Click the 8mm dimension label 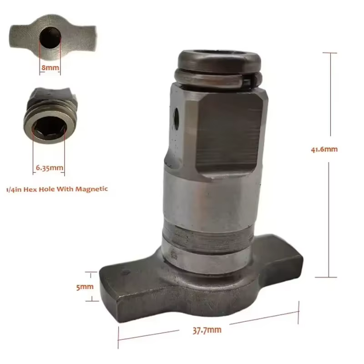(50, 67)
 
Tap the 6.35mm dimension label (50, 167)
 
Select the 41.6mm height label (324, 149)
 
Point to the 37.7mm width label (207, 330)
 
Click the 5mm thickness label (85, 287)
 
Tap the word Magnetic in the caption (92, 189)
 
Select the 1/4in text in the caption (14, 189)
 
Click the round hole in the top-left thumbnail (50, 38)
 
